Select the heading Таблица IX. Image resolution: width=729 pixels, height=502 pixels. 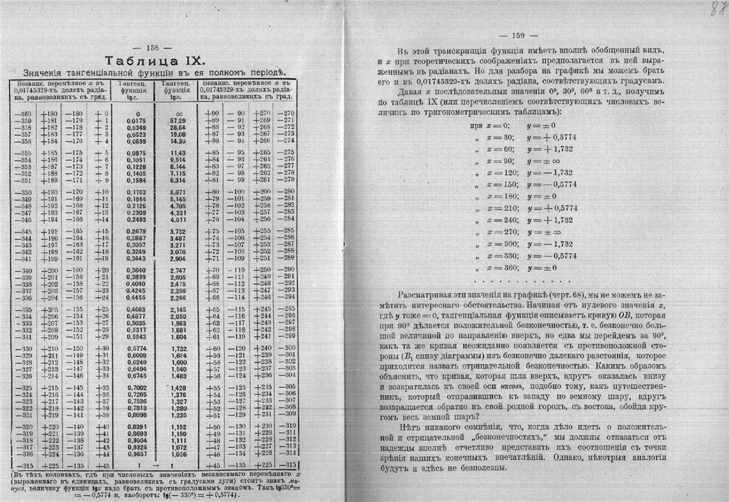(154, 61)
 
